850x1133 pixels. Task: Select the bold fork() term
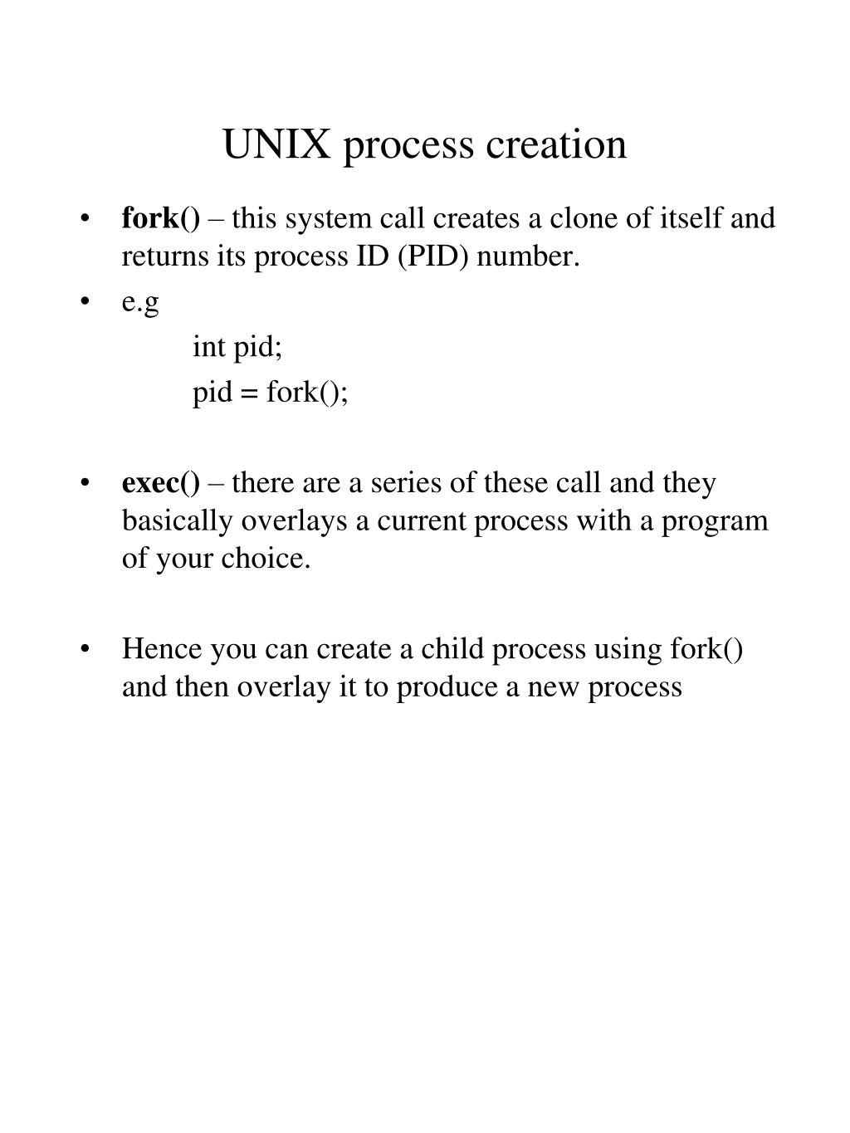point(161,218)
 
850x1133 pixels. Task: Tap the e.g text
point(139,302)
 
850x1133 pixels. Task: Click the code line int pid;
point(237,347)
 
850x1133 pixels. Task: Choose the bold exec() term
point(161,482)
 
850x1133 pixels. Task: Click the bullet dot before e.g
point(85,303)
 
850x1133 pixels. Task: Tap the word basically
point(178,520)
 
